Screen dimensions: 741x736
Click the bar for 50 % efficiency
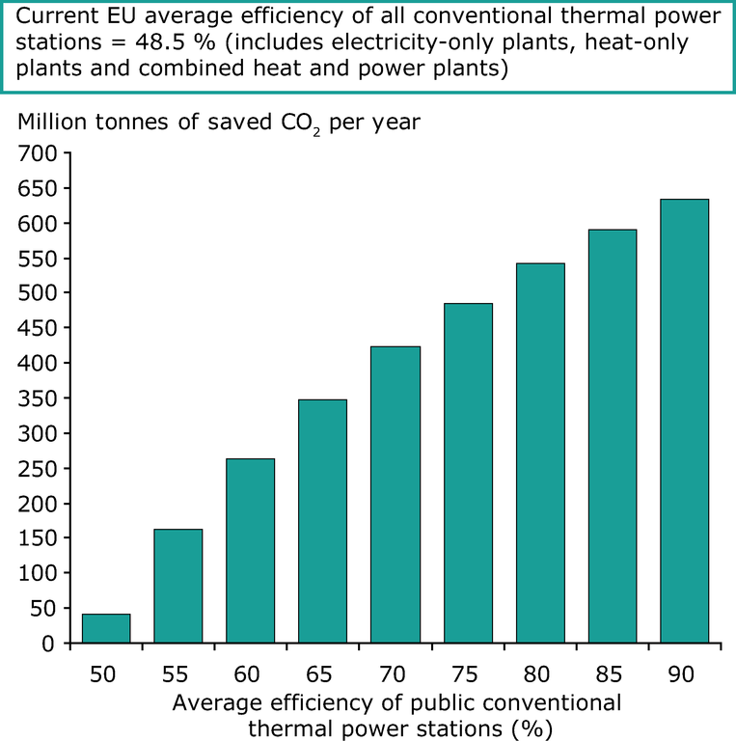point(106,628)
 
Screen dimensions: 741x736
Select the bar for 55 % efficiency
point(178,586)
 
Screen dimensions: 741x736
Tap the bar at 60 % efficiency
point(251,550)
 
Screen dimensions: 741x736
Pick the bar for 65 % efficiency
point(322,521)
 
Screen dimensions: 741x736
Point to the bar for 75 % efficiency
point(468,473)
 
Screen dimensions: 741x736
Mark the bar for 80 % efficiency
point(540,453)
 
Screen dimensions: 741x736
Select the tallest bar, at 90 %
point(685,421)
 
